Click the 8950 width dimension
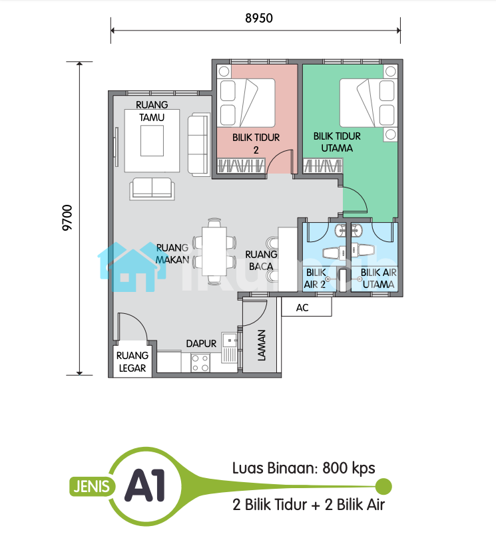259,19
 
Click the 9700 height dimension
67,217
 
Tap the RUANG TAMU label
152,111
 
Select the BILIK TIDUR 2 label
256,144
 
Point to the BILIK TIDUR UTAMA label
337,142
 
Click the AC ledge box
306,307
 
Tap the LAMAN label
262,345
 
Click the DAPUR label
201,344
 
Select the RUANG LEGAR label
132,362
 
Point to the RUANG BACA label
261,260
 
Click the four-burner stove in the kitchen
200,363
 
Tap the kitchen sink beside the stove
230,347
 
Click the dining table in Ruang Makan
214,251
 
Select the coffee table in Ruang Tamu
152,140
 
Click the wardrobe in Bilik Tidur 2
242,166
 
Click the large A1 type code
145,485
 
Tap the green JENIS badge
92,486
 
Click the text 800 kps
349,469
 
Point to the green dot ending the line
383,486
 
